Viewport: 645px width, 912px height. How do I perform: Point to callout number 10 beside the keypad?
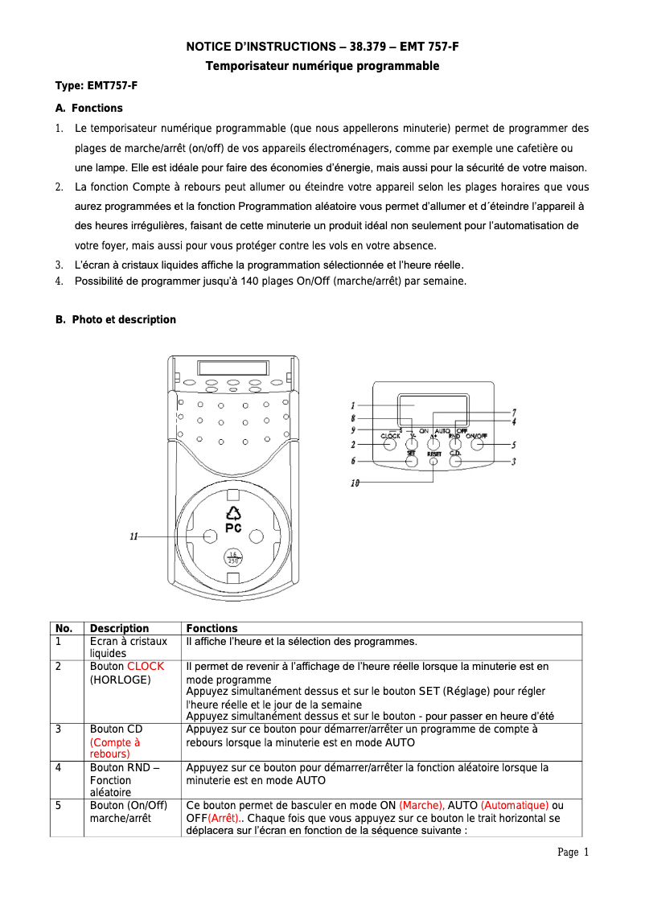[x=355, y=483]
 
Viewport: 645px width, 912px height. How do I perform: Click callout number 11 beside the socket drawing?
[x=134, y=536]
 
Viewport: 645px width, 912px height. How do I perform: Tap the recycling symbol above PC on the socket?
[x=233, y=513]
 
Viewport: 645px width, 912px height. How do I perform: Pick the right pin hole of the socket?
[x=257, y=536]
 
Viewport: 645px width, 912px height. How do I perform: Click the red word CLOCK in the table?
[x=146, y=666]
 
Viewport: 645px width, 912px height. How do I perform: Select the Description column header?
[x=119, y=628]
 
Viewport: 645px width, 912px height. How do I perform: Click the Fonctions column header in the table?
[x=212, y=628]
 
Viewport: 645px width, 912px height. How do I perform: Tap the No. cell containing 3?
[x=59, y=729]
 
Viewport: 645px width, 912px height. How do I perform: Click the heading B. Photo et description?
[x=115, y=319]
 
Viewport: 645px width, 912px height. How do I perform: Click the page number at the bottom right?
[x=573, y=852]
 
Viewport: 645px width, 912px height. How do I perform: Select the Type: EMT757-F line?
[x=91, y=85]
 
